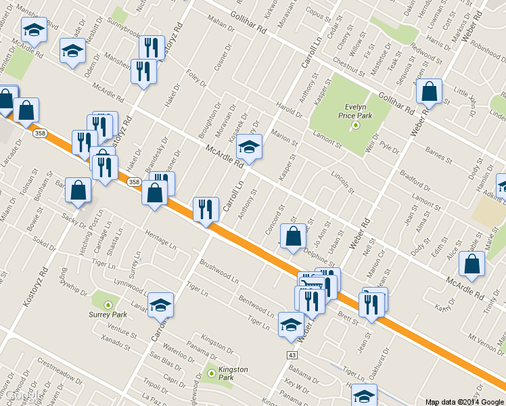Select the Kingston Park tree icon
212,373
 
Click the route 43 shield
292,355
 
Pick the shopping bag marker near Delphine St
293,237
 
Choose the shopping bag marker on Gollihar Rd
429,91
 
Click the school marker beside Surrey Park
161,304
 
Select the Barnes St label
438,158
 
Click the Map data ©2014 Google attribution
464,401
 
